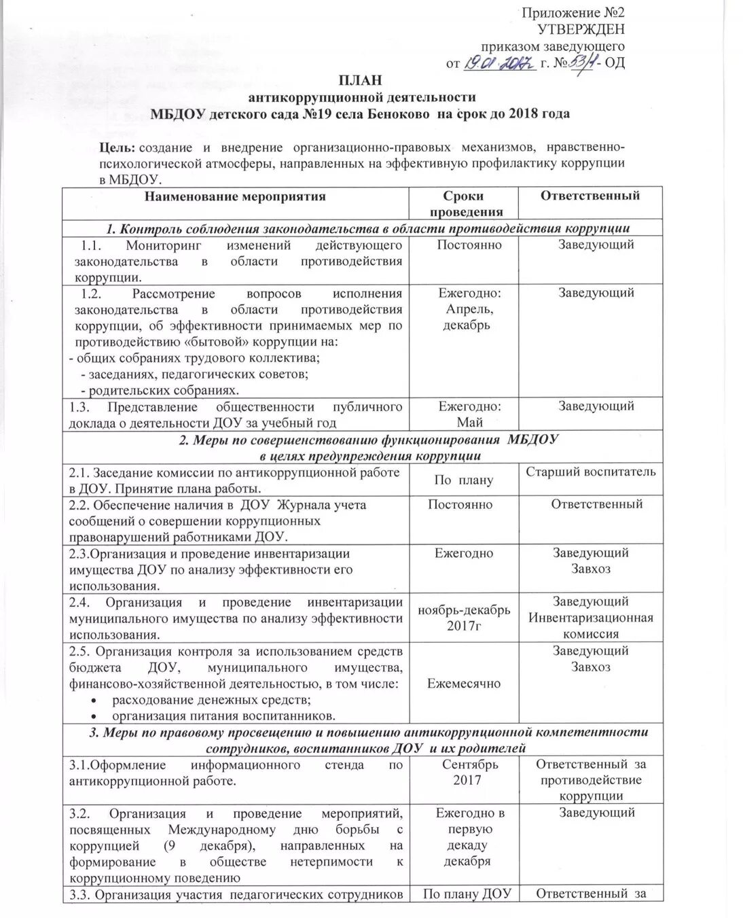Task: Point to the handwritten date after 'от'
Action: point(500,64)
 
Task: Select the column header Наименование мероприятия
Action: point(235,197)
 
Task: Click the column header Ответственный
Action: point(590,196)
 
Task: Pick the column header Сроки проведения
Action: point(463,204)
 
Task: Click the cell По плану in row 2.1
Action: point(463,480)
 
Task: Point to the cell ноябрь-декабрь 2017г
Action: point(463,618)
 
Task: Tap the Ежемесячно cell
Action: point(463,684)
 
